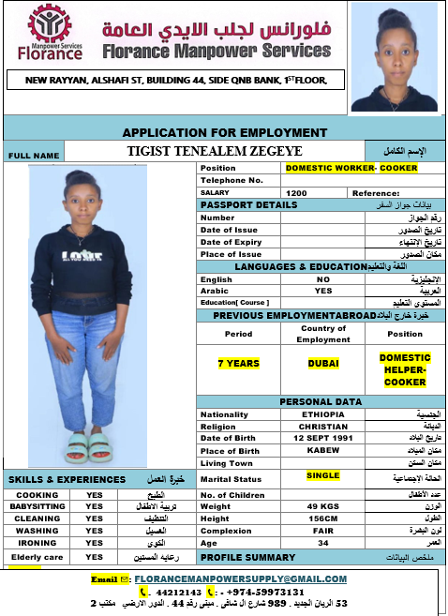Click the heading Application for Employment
click(x=225, y=132)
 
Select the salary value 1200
click(x=296, y=192)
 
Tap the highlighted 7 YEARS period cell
click(x=238, y=362)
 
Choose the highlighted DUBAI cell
click(x=322, y=362)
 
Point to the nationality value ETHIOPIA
click(x=322, y=413)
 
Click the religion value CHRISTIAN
click(x=322, y=426)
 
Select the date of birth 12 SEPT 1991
click(x=322, y=438)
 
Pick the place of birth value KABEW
click(x=322, y=450)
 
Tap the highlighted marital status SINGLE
click(x=322, y=475)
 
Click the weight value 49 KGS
click(x=322, y=506)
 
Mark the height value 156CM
click(x=322, y=518)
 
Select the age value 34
click(x=322, y=543)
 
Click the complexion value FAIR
click(x=322, y=531)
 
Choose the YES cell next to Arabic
click(x=322, y=291)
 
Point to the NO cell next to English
click(x=322, y=279)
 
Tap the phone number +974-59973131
click(x=264, y=592)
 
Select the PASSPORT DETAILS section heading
click(x=248, y=204)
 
